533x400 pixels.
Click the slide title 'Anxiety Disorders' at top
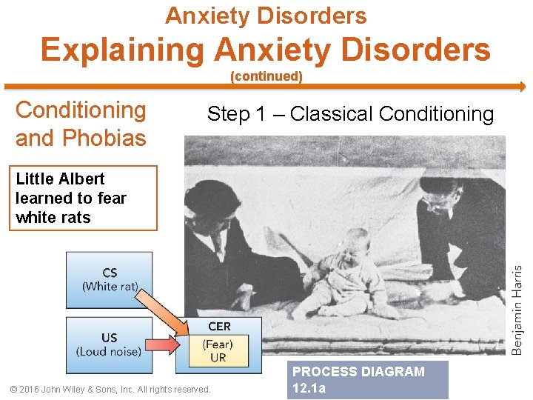point(266,15)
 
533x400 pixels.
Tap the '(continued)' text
point(266,76)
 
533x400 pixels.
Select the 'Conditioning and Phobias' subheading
point(81,124)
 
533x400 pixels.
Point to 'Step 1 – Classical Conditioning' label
point(350,114)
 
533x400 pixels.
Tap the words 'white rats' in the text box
point(53,218)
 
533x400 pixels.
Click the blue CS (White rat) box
point(110,279)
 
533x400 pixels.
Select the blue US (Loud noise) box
point(110,344)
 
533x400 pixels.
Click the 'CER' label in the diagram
point(219,326)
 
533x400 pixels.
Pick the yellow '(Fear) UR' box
point(218,350)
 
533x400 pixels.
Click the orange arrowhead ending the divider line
point(521,86)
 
